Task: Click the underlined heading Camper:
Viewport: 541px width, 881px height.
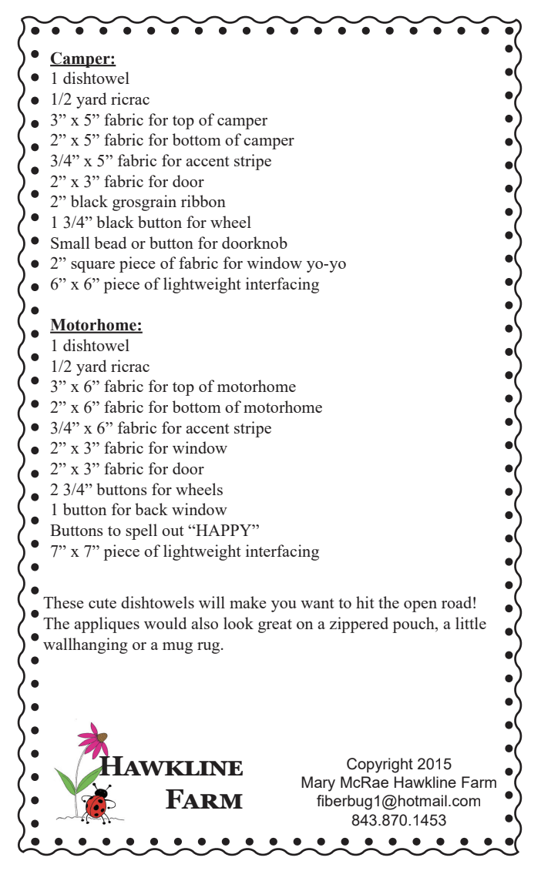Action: [82, 59]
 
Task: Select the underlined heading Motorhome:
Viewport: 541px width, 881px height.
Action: [96, 325]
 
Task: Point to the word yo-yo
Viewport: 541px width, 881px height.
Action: [326, 264]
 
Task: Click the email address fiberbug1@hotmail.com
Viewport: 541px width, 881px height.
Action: [398, 801]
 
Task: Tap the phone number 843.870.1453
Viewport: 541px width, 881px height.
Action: [398, 820]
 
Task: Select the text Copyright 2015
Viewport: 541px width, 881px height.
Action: [398, 764]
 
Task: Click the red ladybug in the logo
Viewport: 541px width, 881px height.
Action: [96, 805]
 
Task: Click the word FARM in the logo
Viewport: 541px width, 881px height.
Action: [204, 800]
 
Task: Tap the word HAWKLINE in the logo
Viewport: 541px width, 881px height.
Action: [173, 768]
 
